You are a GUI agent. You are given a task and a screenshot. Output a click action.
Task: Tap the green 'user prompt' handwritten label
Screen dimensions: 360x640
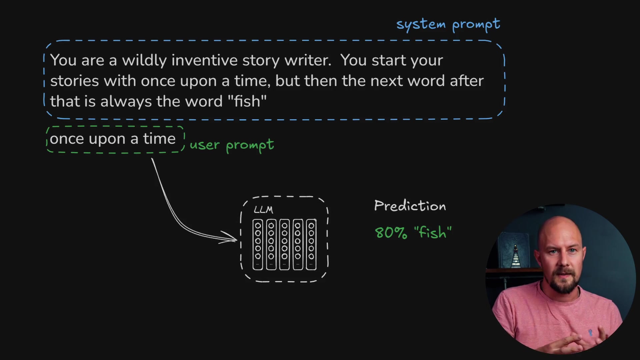(x=232, y=145)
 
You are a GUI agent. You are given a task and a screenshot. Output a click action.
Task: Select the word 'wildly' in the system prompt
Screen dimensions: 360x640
(x=144, y=60)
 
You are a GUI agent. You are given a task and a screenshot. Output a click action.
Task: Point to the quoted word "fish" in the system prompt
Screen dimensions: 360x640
(x=247, y=101)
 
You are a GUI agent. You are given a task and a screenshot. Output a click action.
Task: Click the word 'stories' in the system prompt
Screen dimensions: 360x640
(x=74, y=81)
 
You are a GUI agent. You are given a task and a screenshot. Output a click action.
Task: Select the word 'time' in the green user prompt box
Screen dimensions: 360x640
(x=159, y=139)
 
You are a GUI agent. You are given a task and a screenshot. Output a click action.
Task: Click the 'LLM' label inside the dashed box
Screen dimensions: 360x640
(x=263, y=210)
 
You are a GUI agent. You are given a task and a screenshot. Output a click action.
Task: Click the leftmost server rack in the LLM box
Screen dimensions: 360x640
(x=258, y=244)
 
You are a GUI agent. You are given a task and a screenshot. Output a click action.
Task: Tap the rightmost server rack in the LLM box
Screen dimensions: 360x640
(x=311, y=244)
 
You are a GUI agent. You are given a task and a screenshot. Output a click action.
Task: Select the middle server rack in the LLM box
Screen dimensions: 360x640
(x=284, y=244)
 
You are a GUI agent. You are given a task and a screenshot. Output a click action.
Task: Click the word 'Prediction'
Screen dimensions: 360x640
(x=410, y=206)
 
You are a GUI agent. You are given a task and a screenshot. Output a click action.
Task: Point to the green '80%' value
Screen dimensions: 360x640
(x=391, y=233)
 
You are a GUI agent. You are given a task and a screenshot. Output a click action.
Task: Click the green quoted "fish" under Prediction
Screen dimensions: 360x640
(x=433, y=232)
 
